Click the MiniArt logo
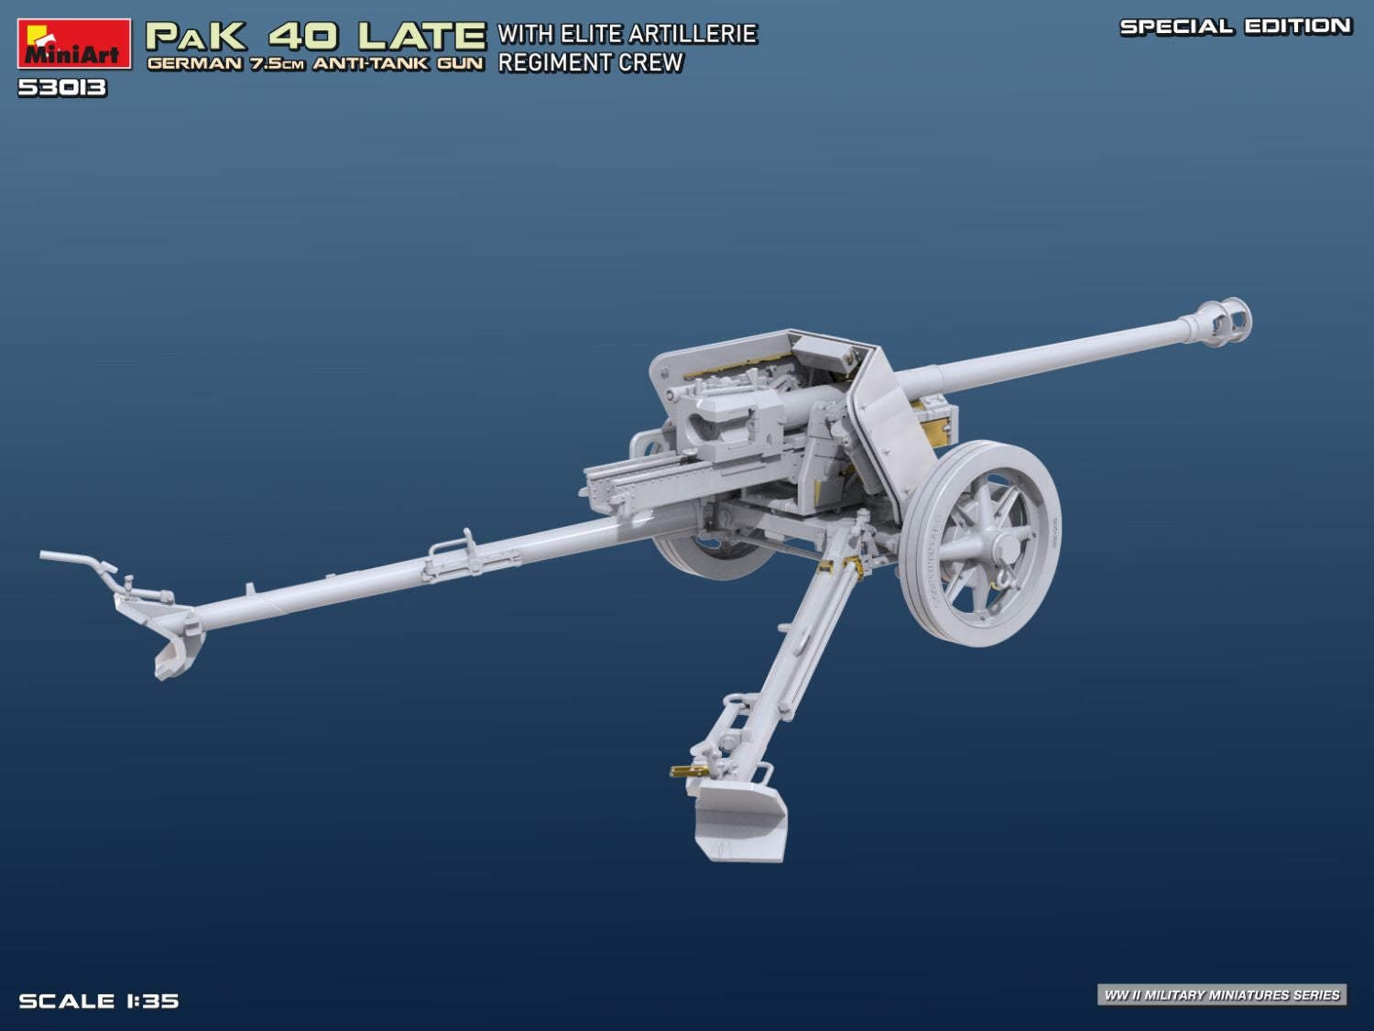[x=71, y=43]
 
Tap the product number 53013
[x=62, y=88]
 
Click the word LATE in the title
[x=421, y=36]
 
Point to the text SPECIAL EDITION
[x=1236, y=27]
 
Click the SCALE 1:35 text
[x=99, y=1001]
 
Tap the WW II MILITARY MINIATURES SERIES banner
[x=1222, y=994]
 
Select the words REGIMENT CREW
[x=591, y=63]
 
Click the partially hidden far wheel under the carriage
[x=705, y=555]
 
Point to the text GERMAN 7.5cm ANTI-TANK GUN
[x=315, y=64]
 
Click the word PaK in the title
[x=196, y=36]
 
